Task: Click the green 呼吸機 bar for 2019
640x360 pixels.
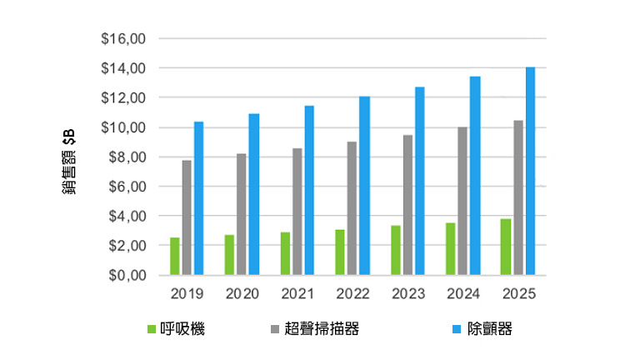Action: coord(175,257)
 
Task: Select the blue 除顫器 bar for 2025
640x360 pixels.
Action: coord(530,171)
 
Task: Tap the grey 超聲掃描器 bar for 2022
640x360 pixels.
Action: coord(352,208)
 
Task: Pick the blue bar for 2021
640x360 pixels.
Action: coord(309,191)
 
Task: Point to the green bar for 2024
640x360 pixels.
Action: coord(451,249)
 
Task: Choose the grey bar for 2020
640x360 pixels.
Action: coord(242,214)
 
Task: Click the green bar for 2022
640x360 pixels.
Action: coord(340,252)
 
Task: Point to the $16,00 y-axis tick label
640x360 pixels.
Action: coord(124,39)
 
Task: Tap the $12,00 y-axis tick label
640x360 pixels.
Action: coord(124,98)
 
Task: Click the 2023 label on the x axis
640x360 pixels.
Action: coord(407,294)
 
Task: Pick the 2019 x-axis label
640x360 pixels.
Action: coord(187,294)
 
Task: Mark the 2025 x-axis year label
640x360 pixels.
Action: coord(517,294)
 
